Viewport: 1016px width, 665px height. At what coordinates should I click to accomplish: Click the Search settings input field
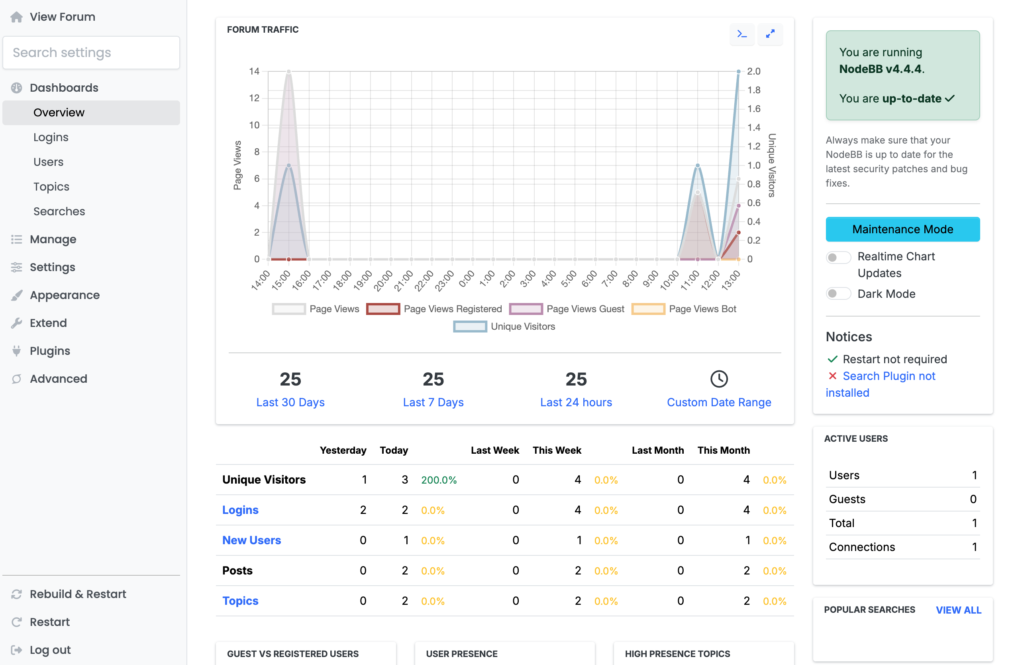tap(91, 53)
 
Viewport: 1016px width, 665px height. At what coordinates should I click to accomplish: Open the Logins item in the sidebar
tap(51, 137)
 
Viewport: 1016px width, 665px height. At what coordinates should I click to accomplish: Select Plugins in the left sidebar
tap(49, 351)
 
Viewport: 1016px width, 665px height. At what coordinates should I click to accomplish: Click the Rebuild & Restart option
tap(78, 594)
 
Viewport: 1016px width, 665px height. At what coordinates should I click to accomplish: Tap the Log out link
tap(50, 649)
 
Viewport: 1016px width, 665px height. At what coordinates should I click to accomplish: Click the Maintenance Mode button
tap(902, 229)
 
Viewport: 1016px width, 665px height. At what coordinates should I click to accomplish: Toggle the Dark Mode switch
tap(838, 294)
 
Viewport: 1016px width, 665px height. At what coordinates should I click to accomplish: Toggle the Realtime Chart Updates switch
tap(838, 257)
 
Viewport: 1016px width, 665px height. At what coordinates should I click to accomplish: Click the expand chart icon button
tap(770, 34)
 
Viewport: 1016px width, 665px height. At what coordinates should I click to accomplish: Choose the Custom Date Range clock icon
tap(718, 379)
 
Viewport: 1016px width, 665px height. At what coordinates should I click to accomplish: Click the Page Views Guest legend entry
tap(567, 309)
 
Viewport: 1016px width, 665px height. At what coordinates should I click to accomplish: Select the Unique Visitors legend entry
tap(504, 326)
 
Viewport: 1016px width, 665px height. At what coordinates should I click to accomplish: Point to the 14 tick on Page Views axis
tap(254, 71)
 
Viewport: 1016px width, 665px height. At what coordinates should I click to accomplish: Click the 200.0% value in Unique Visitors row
tap(438, 480)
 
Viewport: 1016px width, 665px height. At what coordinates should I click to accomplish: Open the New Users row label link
tap(251, 540)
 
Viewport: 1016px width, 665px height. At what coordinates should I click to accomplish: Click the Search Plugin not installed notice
tap(889, 376)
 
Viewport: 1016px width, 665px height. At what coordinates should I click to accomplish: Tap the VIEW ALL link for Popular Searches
tap(958, 610)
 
